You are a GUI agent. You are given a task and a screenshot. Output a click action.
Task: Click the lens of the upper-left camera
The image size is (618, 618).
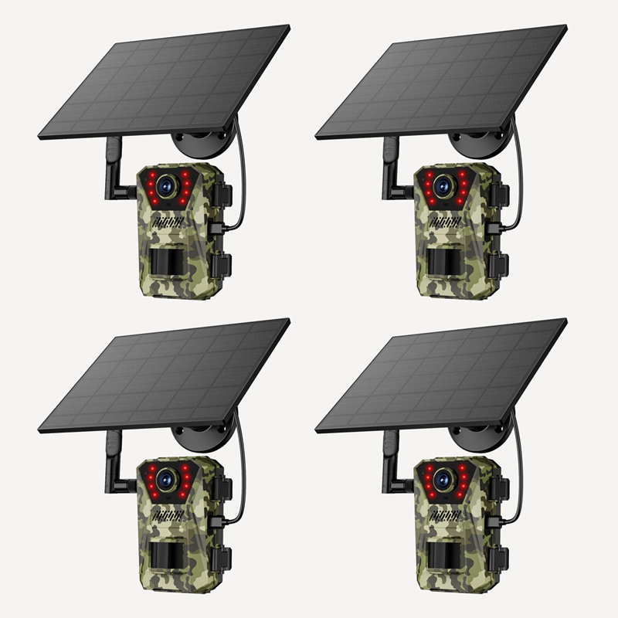[x=165, y=186]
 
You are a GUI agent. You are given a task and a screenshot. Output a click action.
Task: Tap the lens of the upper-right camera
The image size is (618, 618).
[x=443, y=186]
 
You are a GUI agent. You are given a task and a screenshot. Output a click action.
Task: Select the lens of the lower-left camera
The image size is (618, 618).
[x=165, y=480]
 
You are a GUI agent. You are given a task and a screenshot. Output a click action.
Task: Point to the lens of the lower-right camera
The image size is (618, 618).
[x=443, y=480]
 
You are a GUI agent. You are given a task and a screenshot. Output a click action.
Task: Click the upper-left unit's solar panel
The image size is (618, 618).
[x=164, y=81]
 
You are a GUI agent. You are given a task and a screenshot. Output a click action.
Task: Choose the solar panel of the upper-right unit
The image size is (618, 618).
[x=441, y=81]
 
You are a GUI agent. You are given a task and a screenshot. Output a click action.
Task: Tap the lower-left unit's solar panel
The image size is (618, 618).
[x=164, y=375]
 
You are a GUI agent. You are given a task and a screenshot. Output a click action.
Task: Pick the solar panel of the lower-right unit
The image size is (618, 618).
[x=441, y=375]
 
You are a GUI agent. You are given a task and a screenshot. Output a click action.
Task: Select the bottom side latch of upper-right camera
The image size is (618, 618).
[x=500, y=264]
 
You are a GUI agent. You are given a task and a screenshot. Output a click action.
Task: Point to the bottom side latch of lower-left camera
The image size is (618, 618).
[x=222, y=558]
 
